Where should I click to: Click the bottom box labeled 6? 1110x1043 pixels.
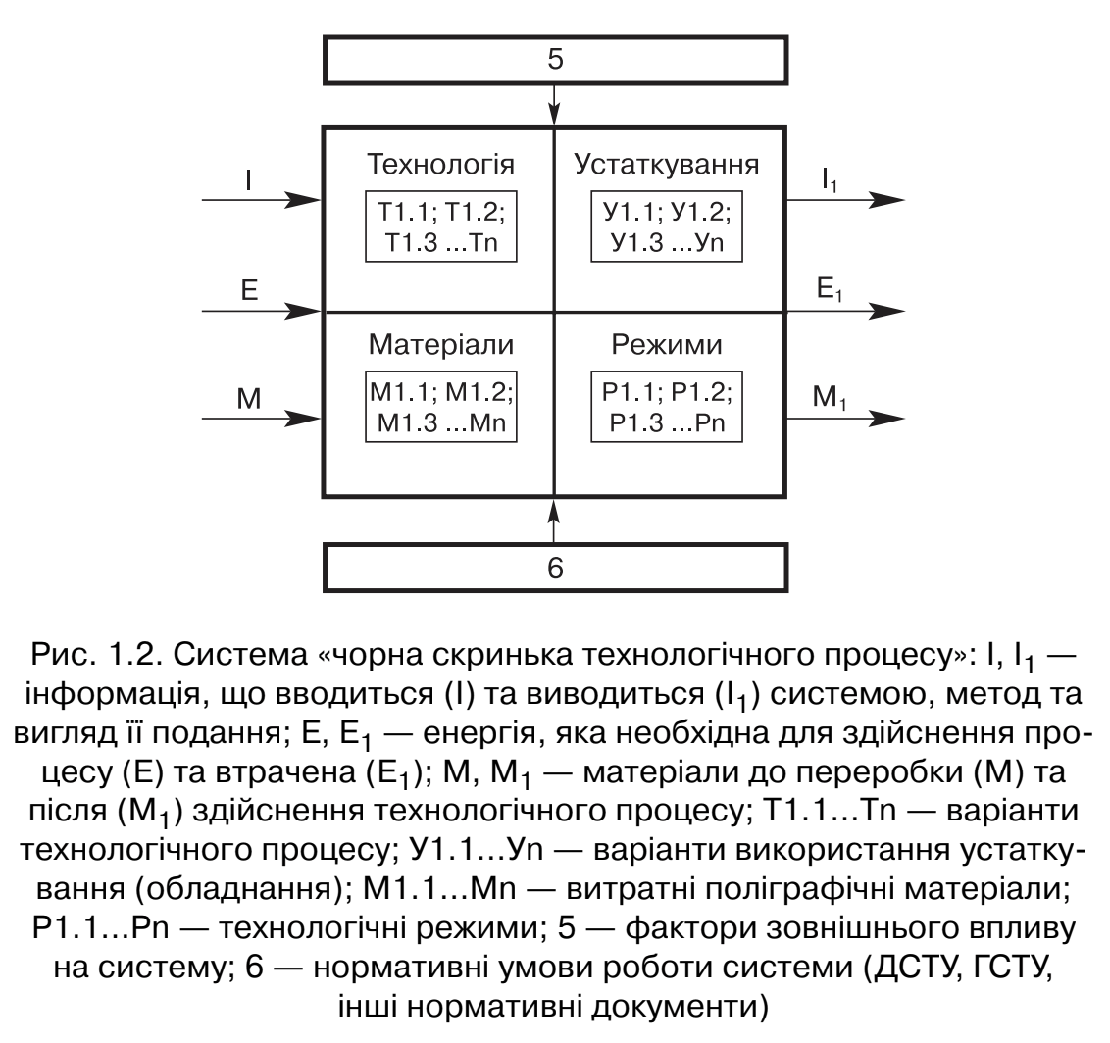(555, 567)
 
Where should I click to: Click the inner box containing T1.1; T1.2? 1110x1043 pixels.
(439, 227)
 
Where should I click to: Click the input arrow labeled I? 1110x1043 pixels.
(261, 200)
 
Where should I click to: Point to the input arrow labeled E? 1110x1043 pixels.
(261, 312)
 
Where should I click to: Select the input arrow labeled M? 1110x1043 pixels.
(261, 419)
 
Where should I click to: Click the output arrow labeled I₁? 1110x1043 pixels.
(843, 200)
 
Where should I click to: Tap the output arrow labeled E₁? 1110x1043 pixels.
(843, 312)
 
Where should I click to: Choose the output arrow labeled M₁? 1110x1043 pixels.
(843, 419)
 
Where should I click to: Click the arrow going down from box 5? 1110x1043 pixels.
(555, 104)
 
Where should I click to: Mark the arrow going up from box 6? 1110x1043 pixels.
(555, 520)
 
